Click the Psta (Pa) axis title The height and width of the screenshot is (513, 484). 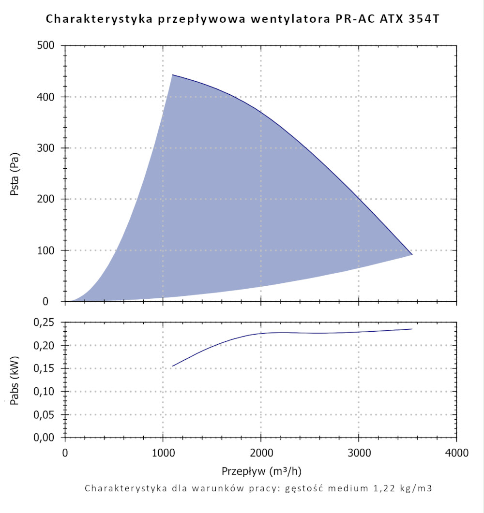pyautogui.click(x=15, y=174)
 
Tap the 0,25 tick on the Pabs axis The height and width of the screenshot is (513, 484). pyautogui.click(x=48, y=322)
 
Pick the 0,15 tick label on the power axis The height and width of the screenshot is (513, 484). pyautogui.click(x=48, y=368)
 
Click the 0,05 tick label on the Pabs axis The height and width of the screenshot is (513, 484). pyautogui.click(x=48, y=414)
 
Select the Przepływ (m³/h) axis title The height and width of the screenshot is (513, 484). pyautogui.click(x=261, y=470)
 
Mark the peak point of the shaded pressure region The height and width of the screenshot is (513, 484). pyautogui.click(x=172, y=75)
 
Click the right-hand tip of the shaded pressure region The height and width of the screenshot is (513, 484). pyautogui.click(x=412, y=254)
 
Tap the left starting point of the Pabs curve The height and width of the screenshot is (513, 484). pyautogui.click(x=172, y=366)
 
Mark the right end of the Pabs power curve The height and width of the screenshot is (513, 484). pyautogui.click(x=412, y=329)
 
